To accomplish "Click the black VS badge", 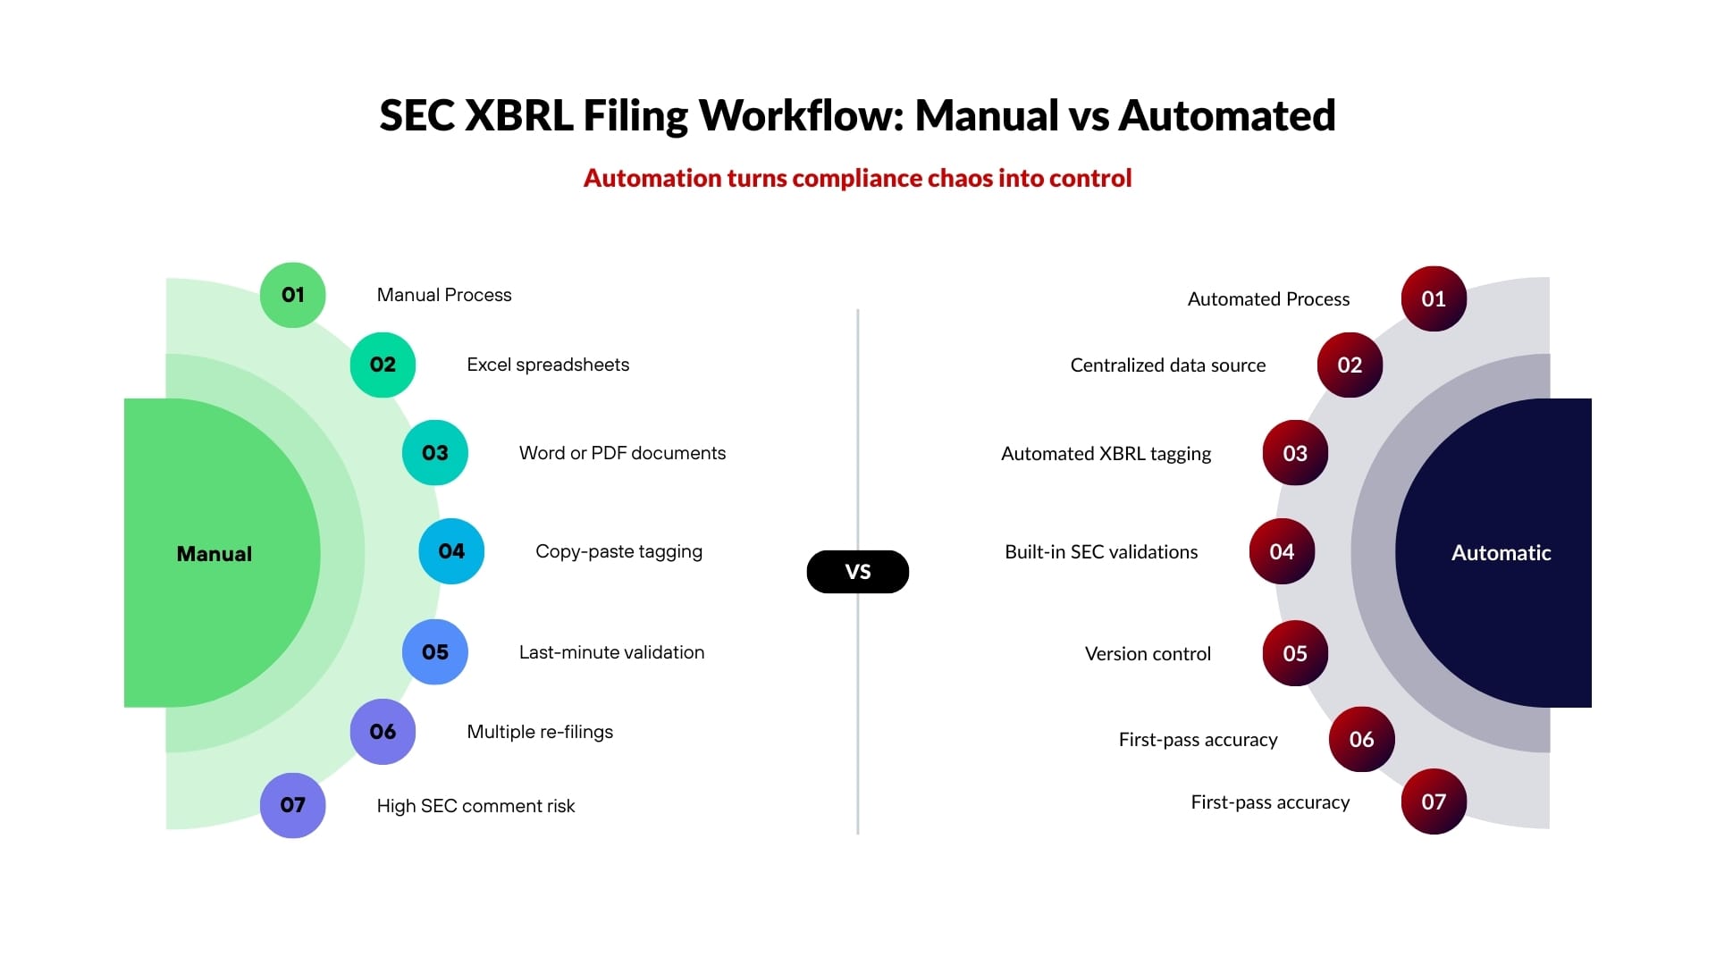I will tap(857, 572).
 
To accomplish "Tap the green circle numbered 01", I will tap(292, 295).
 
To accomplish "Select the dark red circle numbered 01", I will tap(1434, 298).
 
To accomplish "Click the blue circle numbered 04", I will tap(451, 551).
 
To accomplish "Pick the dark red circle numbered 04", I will tap(1282, 551).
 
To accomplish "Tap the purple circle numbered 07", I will tap(292, 805).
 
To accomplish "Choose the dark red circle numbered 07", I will tap(1434, 801).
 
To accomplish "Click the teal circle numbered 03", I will tap(434, 453).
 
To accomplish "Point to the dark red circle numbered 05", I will tap(1295, 653).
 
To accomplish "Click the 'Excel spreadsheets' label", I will tap(548, 365).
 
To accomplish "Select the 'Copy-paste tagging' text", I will tap(618, 551).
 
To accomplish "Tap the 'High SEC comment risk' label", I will tap(475, 806).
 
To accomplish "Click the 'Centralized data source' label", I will tap(1167, 365).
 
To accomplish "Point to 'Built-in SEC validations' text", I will tap(1101, 552).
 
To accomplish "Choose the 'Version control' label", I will tap(1148, 654).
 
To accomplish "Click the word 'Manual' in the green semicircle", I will tap(214, 554).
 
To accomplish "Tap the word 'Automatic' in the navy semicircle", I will tap(1501, 553).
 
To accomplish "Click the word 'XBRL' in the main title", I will tap(519, 116).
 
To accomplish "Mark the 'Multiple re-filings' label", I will tap(540, 732).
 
